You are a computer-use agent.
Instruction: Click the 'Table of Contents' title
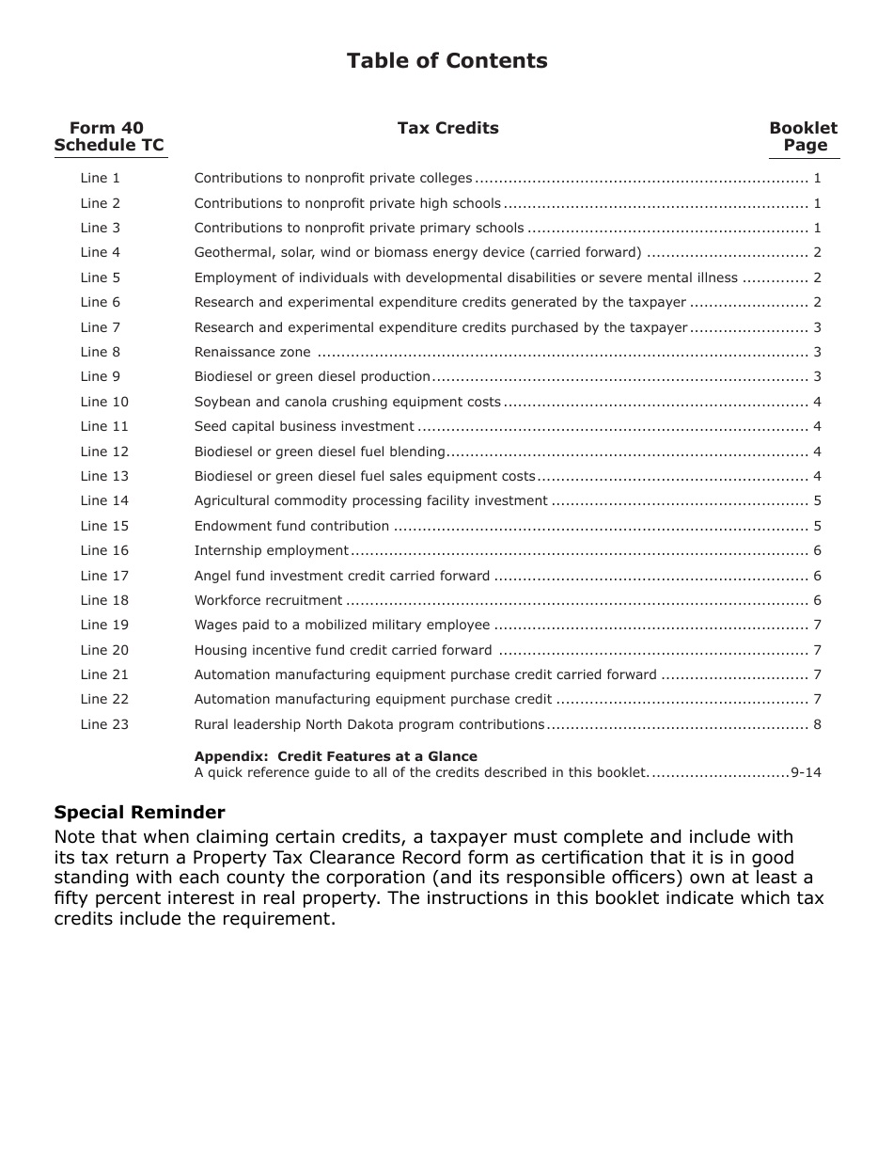[x=446, y=61]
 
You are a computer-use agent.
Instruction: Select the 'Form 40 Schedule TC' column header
[x=109, y=136]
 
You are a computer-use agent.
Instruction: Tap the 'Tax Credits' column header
[x=447, y=128]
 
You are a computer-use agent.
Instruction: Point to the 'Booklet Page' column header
[x=804, y=136]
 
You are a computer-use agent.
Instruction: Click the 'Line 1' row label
[x=101, y=178]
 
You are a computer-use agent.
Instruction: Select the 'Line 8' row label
[x=101, y=352]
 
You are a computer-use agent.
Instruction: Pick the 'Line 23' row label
[x=104, y=724]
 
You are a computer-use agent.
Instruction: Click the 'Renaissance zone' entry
[x=252, y=352]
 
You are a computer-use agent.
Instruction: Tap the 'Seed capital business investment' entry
[x=304, y=426]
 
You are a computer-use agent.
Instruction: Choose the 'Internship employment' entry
[x=271, y=550]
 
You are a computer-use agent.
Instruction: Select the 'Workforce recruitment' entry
[x=268, y=600]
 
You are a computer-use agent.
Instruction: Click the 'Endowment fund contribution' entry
[x=291, y=526]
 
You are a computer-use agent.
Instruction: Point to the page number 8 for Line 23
[x=817, y=724]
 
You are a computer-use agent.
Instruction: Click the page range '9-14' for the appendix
[x=806, y=772]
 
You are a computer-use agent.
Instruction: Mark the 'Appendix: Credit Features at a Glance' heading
[x=336, y=756]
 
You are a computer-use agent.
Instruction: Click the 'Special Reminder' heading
[x=139, y=812]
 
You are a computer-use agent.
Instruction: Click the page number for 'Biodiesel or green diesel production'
[x=817, y=376]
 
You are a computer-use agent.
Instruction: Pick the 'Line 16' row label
[x=104, y=550]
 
